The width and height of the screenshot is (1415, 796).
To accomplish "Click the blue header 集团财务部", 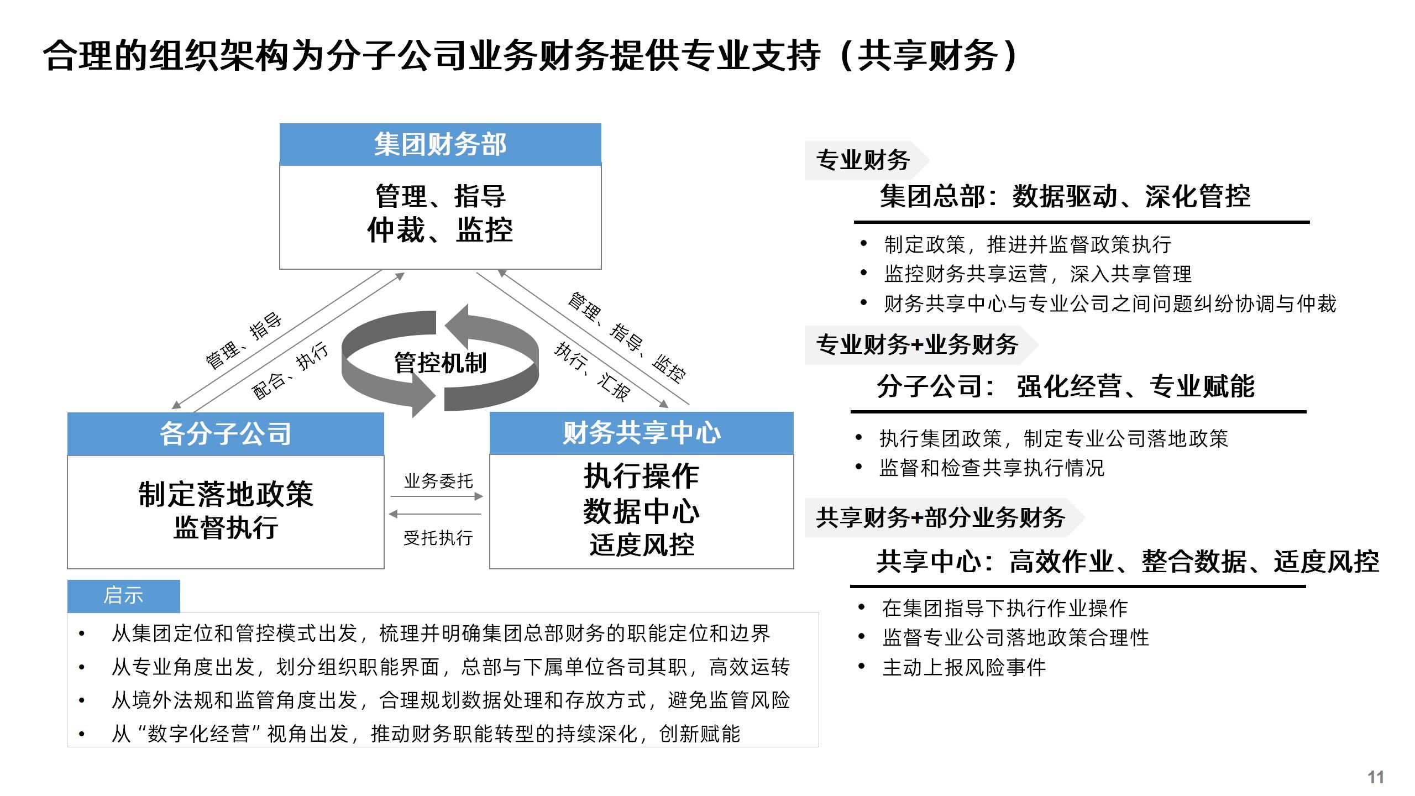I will tap(440, 145).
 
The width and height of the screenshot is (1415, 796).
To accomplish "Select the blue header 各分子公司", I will tap(226, 434).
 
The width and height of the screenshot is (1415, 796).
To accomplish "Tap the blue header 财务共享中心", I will tap(641, 433).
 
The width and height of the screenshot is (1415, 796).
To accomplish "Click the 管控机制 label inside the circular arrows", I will tap(440, 363).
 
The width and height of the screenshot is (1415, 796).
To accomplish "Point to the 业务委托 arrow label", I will tap(438, 481).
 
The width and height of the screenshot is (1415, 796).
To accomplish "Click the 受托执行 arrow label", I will tap(438, 537).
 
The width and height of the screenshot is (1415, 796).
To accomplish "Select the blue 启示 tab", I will tap(123, 596).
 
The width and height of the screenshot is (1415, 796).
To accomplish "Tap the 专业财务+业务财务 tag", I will tap(918, 345).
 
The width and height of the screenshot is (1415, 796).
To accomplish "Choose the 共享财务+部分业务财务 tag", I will tap(941, 517).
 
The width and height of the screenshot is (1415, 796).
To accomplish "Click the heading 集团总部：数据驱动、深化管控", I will tap(1065, 196).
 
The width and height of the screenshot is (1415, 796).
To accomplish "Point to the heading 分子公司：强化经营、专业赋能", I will tap(1066, 386).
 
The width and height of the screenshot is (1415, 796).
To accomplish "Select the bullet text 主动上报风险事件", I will tap(964, 667).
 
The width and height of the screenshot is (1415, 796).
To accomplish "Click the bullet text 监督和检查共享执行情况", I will tap(992, 468).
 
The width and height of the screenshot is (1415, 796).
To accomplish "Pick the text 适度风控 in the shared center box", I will tap(642, 545).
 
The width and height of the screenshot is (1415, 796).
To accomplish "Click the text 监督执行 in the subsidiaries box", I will tap(226, 527).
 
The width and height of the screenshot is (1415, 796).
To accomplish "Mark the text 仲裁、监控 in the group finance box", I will tap(440, 230).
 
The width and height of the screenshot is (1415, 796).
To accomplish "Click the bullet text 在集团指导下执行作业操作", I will tap(1005, 608).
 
